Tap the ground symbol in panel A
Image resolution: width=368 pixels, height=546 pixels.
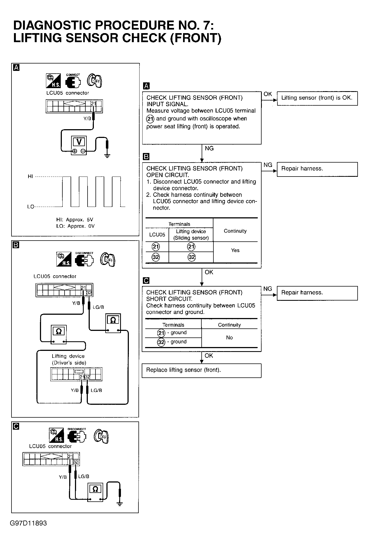pos(107,155)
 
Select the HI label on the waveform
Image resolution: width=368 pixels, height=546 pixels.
pos(30,177)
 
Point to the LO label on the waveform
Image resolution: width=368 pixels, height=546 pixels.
pos(30,207)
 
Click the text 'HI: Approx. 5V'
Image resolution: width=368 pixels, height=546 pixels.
pos(75,219)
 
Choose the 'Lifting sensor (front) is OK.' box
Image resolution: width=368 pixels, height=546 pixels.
pos(317,98)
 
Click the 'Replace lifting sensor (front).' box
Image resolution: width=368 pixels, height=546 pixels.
pos(201,370)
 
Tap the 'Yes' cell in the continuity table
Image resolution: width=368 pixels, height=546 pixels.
pos(235,250)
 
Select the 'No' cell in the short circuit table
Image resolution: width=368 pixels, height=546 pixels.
pos(229,337)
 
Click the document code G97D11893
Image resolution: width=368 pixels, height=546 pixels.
pos(28,523)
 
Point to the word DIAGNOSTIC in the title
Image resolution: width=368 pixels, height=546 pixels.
pos(52,25)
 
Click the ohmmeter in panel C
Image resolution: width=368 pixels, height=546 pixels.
pos(95,492)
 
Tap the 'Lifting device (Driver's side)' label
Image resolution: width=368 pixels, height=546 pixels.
pos(69,359)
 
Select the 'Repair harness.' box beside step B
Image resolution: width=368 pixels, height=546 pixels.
pos(317,169)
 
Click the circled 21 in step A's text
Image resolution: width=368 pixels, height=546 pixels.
pos(150,119)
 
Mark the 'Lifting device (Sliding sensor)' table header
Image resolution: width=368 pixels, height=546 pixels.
pos(191,235)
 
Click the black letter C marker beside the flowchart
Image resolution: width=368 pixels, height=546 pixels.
pos(146,281)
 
